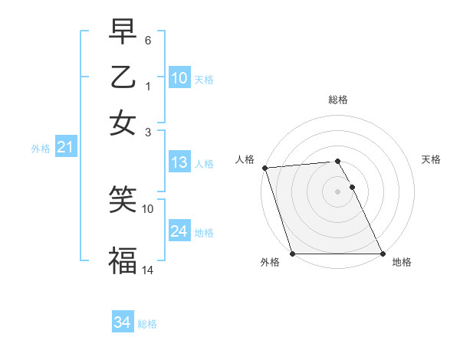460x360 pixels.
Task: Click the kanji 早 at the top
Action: click(x=123, y=31)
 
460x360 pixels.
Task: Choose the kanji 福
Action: click(x=123, y=259)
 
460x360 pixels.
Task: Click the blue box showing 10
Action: click(x=179, y=78)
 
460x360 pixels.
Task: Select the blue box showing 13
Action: click(x=179, y=162)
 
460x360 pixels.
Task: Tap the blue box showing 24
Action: click(x=179, y=231)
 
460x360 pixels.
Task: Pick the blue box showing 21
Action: click(x=65, y=147)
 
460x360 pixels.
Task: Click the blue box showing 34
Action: click(x=122, y=322)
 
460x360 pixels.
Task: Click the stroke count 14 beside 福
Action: click(x=148, y=270)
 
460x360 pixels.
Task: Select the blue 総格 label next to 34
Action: click(x=147, y=324)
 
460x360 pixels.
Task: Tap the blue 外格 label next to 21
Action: click(x=41, y=149)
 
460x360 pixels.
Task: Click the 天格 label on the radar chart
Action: click(x=431, y=159)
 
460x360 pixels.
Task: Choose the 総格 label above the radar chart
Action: click(x=338, y=100)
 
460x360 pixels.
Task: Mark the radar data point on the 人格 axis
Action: click(x=265, y=168)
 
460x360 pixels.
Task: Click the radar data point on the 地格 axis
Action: click(x=383, y=254)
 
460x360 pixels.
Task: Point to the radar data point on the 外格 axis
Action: click(x=293, y=254)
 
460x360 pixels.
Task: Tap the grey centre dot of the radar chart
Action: click(x=338, y=191)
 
